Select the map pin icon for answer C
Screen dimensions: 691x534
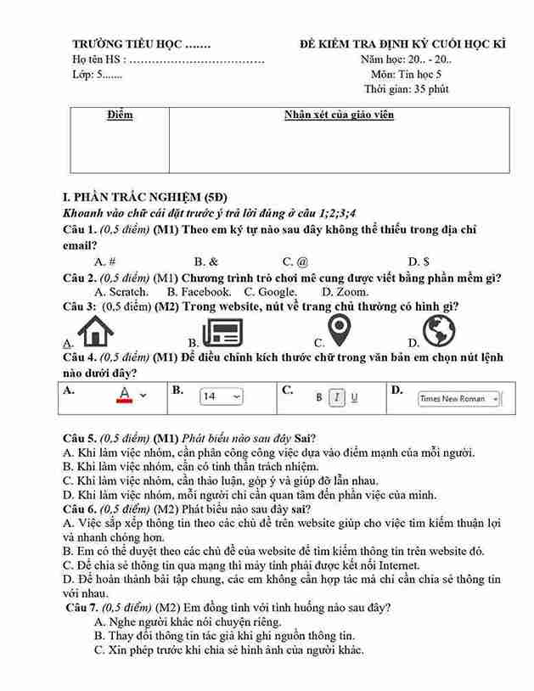click(340, 330)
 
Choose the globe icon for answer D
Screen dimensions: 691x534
click(439, 330)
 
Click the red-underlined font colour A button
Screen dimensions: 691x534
click(125, 395)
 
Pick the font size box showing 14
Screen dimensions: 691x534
click(221, 396)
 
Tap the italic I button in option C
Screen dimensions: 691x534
click(336, 396)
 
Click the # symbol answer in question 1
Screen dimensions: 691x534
click(112, 262)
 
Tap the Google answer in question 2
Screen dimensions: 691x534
click(277, 292)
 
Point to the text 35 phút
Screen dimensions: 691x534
click(430, 89)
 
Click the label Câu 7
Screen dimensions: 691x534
click(84, 608)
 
